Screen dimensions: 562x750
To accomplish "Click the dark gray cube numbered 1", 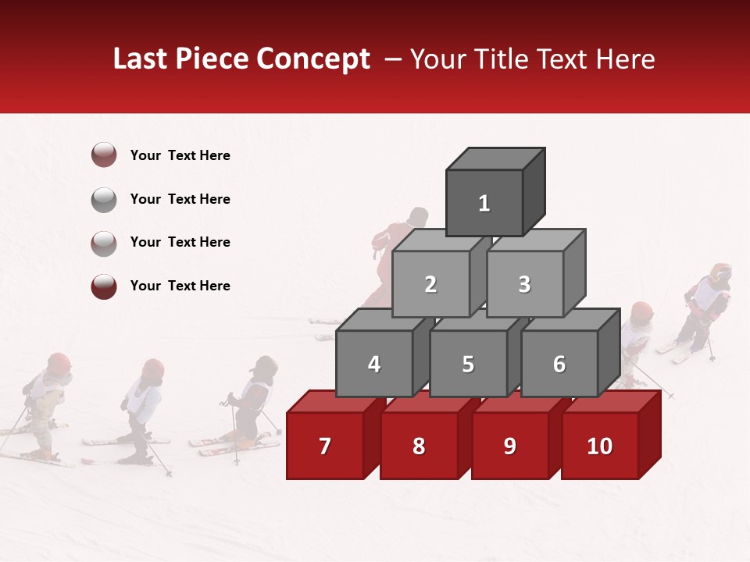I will [x=484, y=203].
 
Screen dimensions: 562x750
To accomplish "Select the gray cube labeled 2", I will [x=430, y=284].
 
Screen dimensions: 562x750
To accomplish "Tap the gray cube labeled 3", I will [x=524, y=284].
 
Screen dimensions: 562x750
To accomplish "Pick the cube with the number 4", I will [x=374, y=364].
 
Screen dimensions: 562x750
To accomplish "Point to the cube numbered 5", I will [x=468, y=364].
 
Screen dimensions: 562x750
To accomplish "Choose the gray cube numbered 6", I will [x=559, y=364].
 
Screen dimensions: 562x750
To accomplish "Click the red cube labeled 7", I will [x=325, y=446].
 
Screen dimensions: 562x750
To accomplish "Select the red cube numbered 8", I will [x=419, y=446].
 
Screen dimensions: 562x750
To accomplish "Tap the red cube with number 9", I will [x=509, y=446].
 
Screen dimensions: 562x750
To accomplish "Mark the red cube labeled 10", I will [x=600, y=446].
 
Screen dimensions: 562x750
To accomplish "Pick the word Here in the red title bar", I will [x=625, y=59].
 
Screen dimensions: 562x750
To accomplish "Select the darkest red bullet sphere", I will [x=104, y=286].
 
